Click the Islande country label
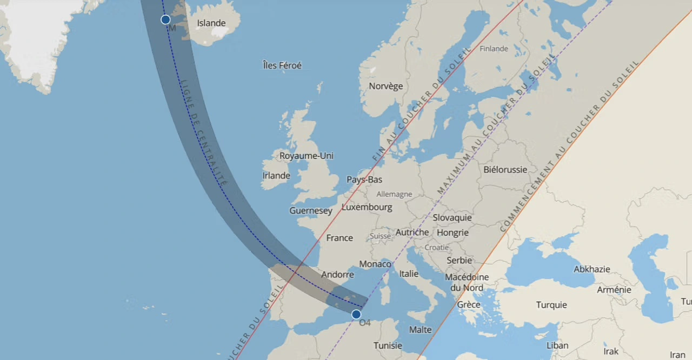click(211, 23)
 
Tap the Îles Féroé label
click(282, 65)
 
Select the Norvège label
click(385, 86)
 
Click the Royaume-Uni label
click(306, 156)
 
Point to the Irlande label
click(276, 176)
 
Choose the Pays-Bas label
click(364, 179)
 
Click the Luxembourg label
click(367, 207)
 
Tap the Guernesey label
click(310, 211)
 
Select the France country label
click(339, 238)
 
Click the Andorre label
click(337, 275)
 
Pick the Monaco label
click(375, 264)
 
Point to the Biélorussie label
click(505, 170)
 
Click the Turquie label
click(551, 305)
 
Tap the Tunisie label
click(388, 345)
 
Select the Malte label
click(420, 330)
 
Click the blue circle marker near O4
click(356, 314)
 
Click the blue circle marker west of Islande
click(165, 19)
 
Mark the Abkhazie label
click(591, 269)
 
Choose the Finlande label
click(494, 49)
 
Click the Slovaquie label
click(452, 218)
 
